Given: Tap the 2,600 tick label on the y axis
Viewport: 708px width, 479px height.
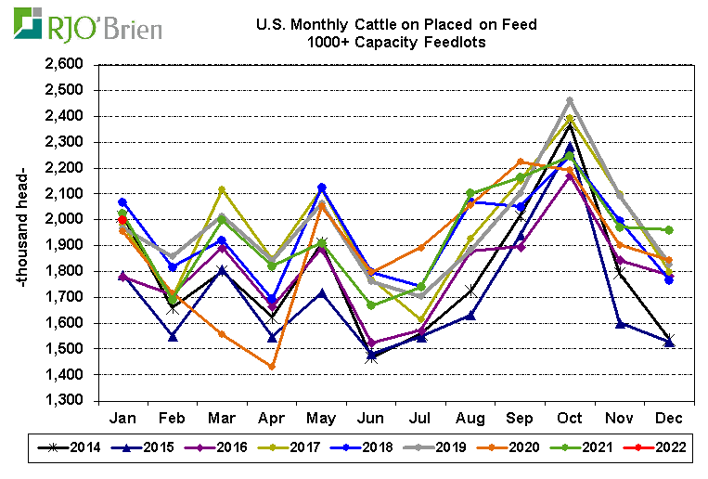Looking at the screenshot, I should [62, 65].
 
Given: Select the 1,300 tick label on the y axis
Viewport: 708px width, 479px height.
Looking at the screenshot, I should [62, 401].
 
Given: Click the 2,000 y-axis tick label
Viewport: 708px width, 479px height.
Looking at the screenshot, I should [62, 220].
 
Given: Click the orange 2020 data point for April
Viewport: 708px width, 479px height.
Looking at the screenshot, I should [272, 367].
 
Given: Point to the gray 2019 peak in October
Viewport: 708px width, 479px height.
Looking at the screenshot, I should [570, 100].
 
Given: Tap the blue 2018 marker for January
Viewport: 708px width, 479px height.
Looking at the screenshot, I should [122, 202].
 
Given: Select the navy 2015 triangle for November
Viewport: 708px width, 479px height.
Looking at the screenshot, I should [620, 323].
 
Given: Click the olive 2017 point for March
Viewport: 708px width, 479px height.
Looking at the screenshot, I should [222, 189].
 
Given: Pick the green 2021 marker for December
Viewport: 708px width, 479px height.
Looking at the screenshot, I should [670, 229].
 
